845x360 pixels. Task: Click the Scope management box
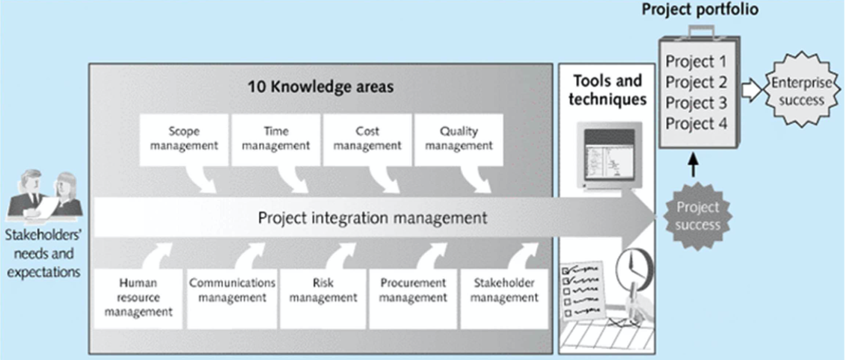(183, 140)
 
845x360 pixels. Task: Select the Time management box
(276, 140)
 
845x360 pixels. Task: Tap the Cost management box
(367, 140)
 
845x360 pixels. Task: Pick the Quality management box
(459, 140)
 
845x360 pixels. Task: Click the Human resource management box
(138, 299)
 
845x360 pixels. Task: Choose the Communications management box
(232, 299)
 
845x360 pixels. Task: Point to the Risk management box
(323, 299)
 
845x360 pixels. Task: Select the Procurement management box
(413, 299)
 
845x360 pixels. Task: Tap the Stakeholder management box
(504, 299)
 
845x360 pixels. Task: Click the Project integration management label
(373, 218)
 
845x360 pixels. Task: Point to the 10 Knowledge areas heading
(320, 87)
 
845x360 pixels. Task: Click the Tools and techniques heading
(607, 90)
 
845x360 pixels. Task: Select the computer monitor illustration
(609, 156)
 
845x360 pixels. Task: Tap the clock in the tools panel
(635, 269)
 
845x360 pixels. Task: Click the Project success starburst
(698, 216)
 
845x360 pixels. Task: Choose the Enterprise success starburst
(801, 91)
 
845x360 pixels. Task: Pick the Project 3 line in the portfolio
(696, 103)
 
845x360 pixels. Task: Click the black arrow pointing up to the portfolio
(693, 165)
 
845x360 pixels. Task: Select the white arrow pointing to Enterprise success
(752, 90)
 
